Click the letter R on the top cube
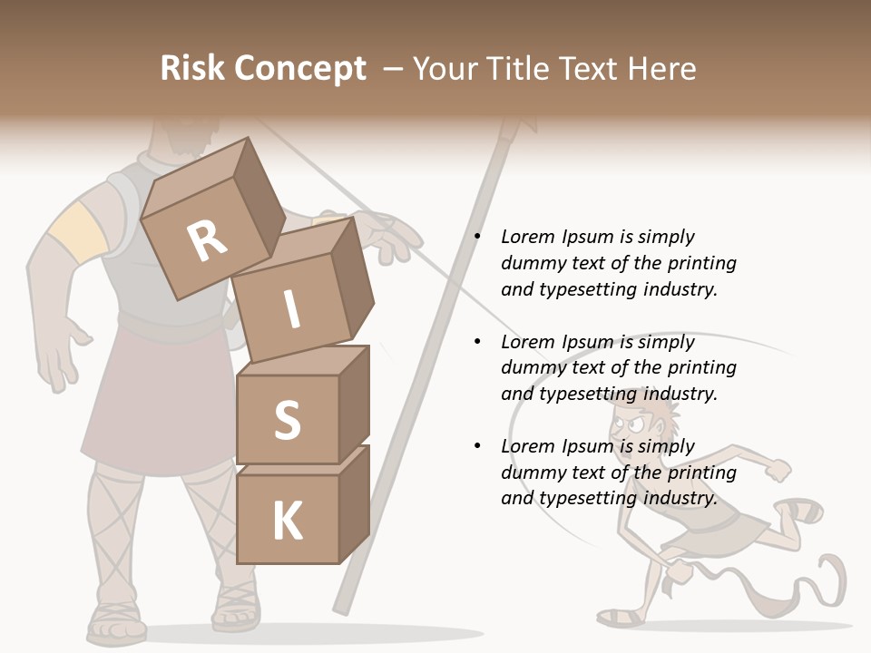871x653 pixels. pyautogui.click(x=208, y=239)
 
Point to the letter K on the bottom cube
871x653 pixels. pyautogui.click(x=287, y=521)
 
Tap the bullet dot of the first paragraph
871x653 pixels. pyautogui.click(x=477, y=237)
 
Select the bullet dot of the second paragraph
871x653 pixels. pyautogui.click(x=477, y=342)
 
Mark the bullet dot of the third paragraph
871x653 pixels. pyautogui.click(x=477, y=446)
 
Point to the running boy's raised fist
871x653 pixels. pyautogui.click(x=778, y=469)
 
